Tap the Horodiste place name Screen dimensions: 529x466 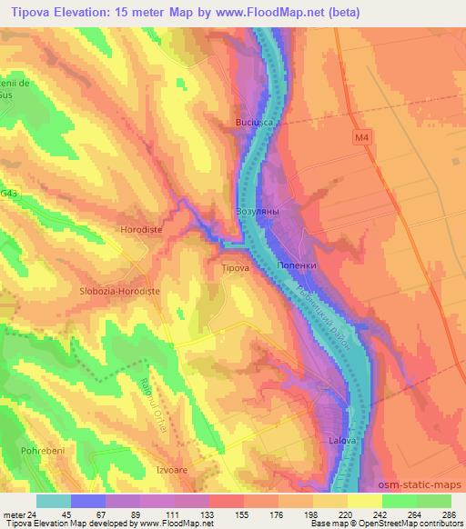pos(141,230)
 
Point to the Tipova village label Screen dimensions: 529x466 pos(236,268)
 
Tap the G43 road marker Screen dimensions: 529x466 pos(9,193)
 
